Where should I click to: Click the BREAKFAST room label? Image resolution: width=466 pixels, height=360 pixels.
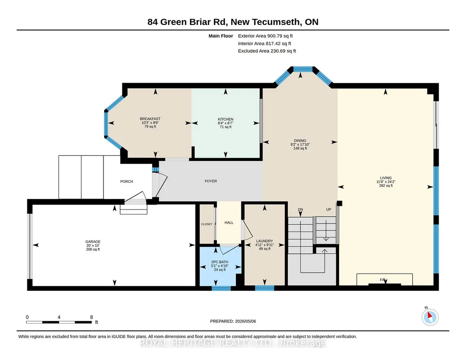click(x=150, y=119)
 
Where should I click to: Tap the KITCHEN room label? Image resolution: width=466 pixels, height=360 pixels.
click(x=225, y=119)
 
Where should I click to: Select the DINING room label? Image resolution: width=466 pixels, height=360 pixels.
click(x=300, y=140)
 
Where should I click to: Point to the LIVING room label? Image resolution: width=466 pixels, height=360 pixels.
click(x=386, y=178)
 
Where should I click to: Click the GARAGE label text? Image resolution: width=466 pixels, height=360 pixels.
click(x=93, y=242)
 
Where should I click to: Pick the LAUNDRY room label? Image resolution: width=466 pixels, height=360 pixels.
click(x=265, y=241)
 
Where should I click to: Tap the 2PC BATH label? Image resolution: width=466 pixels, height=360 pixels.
click(x=220, y=262)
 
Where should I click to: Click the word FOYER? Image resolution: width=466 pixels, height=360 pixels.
click(x=210, y=181)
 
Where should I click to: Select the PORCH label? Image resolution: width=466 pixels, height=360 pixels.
click(x=126, y=181)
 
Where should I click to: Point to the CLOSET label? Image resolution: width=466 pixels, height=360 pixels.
click(x=206, y=224)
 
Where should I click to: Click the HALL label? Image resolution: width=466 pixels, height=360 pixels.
click(x=229, y=222)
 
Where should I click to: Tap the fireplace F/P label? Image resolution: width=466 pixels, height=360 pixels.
click(x=382, y=280)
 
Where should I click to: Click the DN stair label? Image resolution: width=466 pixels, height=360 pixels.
click(x=301, y=210)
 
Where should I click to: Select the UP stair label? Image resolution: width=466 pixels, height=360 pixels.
click(x=328, y=210)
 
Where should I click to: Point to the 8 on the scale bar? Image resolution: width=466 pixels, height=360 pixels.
click(x=91, y=317)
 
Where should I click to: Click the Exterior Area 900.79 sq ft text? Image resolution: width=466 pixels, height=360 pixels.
click(x=266, y=36)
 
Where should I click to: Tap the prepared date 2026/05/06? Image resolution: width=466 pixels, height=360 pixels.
click(x=246, y=321)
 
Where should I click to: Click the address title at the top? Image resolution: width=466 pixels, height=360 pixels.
click(x=233, y=22)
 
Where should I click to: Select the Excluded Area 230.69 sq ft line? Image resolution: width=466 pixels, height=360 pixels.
click(x=267, y=51)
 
